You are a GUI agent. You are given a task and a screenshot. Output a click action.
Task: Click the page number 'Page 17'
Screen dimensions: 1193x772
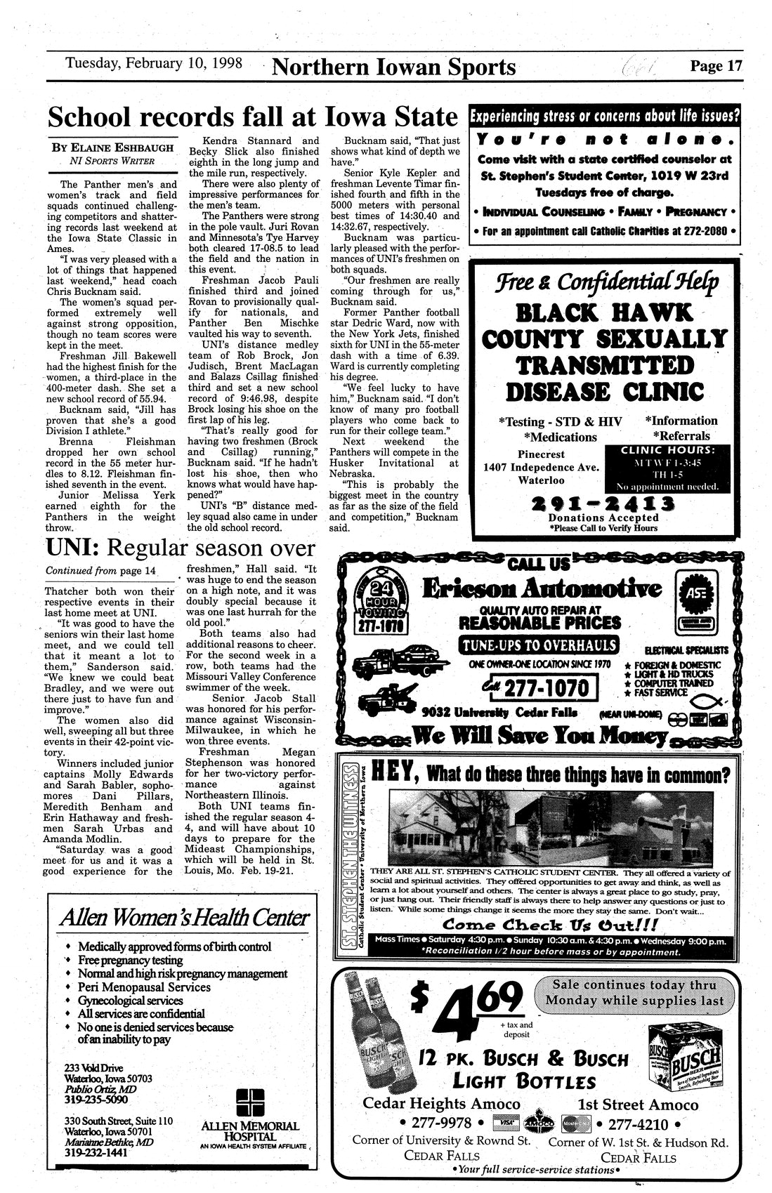[x=715, y=67]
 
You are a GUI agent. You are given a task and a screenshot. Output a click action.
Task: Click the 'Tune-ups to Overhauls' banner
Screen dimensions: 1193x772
[x=539, y=645]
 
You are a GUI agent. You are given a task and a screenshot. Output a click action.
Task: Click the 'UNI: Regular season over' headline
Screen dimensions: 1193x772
[x=180, y=547]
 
